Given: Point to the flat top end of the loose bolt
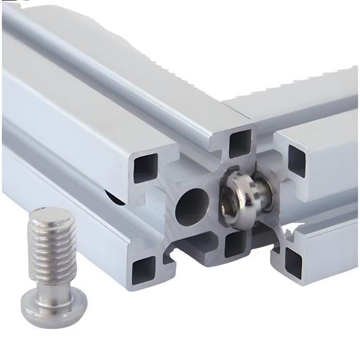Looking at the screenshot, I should click(x=48, y=218).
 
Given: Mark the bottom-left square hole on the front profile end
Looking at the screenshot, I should click(x=145, y=269).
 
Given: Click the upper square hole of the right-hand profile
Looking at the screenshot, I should click(x=297, y=158).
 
